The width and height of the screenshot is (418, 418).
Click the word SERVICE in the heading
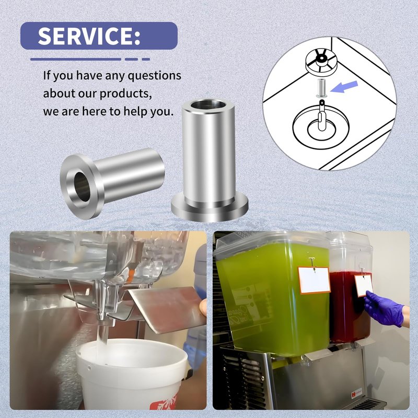85,36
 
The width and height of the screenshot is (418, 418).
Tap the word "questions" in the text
154,76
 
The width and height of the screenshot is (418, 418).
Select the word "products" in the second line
125,94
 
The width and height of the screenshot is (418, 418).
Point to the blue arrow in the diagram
344,87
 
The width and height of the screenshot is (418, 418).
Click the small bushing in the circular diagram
322,88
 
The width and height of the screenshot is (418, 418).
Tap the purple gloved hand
384,309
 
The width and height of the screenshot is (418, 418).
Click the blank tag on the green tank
315,280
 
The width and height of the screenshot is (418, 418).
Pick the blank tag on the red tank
364,285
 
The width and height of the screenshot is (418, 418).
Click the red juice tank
349,307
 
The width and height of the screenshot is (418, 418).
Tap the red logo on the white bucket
163,402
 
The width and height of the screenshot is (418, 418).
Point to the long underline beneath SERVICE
76,59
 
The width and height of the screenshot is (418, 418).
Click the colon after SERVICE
137,38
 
